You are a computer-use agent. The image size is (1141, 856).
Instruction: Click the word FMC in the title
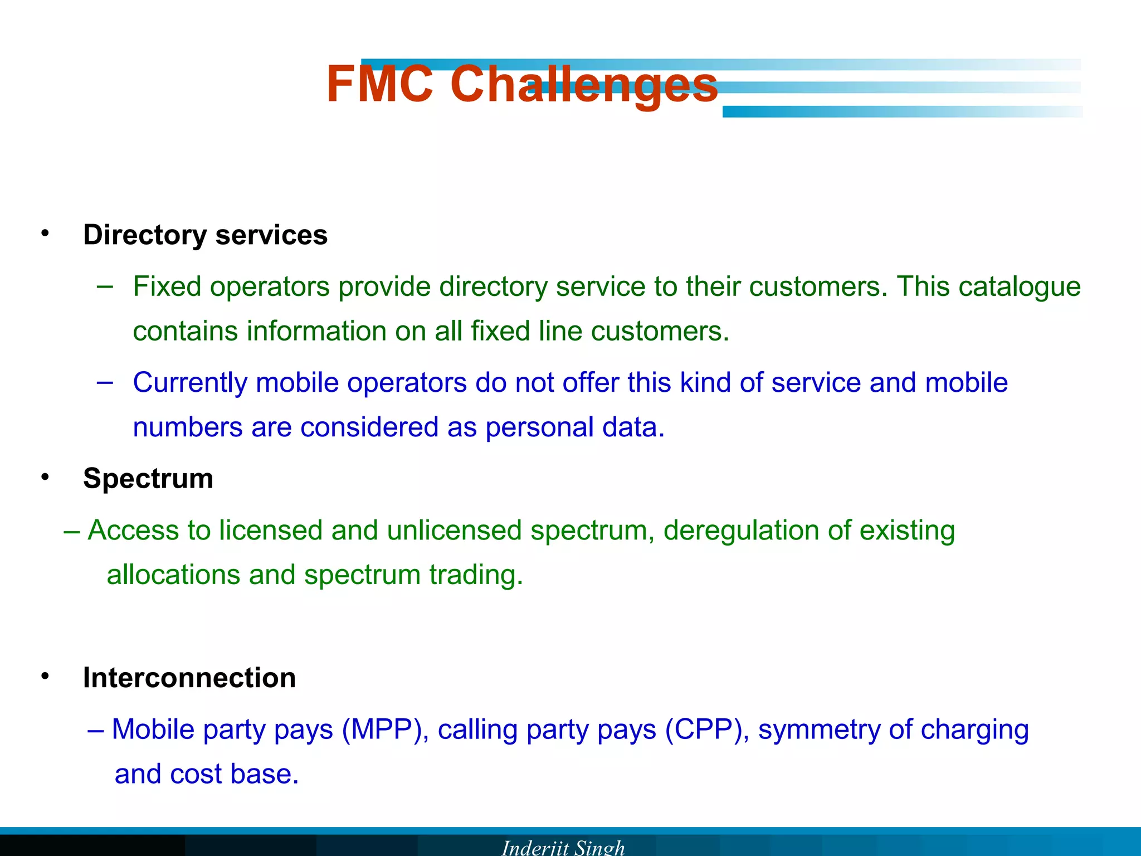[379, 85]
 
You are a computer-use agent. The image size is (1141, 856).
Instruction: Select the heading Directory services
[205, 235]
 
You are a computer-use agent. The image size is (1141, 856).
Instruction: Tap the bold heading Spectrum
[148, 478]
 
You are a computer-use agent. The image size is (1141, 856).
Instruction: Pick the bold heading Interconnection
[189, 678]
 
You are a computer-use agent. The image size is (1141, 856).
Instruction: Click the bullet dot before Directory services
[45, 233]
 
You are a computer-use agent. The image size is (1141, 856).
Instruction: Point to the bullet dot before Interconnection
[45, 676]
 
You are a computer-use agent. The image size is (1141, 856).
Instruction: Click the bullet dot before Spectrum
[45, 476]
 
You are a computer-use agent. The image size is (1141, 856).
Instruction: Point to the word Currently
[190, 383]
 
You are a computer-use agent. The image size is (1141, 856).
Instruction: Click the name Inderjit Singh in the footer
[563, 847]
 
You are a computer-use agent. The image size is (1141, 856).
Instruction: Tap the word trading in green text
[476, 575]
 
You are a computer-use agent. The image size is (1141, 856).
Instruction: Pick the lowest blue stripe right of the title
[903, 111]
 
